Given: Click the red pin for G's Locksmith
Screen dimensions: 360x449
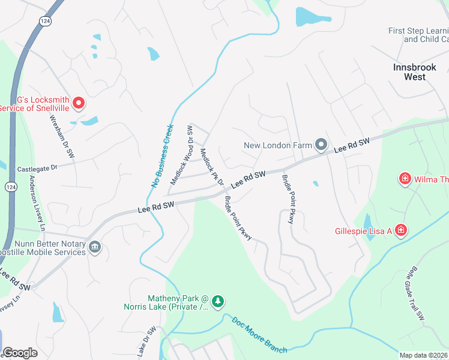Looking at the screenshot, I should [78, 103].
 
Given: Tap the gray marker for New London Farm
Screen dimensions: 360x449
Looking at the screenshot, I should [321, 145].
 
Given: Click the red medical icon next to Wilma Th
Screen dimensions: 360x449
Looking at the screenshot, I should [405, 179].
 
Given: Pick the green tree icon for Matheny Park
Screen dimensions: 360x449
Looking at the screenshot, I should [219, 299].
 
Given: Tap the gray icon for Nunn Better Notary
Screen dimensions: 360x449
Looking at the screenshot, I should [94, 247].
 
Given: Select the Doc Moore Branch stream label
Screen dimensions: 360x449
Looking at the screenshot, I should [259, 334].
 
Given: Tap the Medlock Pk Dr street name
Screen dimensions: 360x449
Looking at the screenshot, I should [212, 166].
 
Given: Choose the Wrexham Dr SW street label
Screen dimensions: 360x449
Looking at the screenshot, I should [61, 136].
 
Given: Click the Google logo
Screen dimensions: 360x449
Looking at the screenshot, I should [20, 353].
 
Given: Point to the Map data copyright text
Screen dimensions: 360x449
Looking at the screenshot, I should [424, 355].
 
